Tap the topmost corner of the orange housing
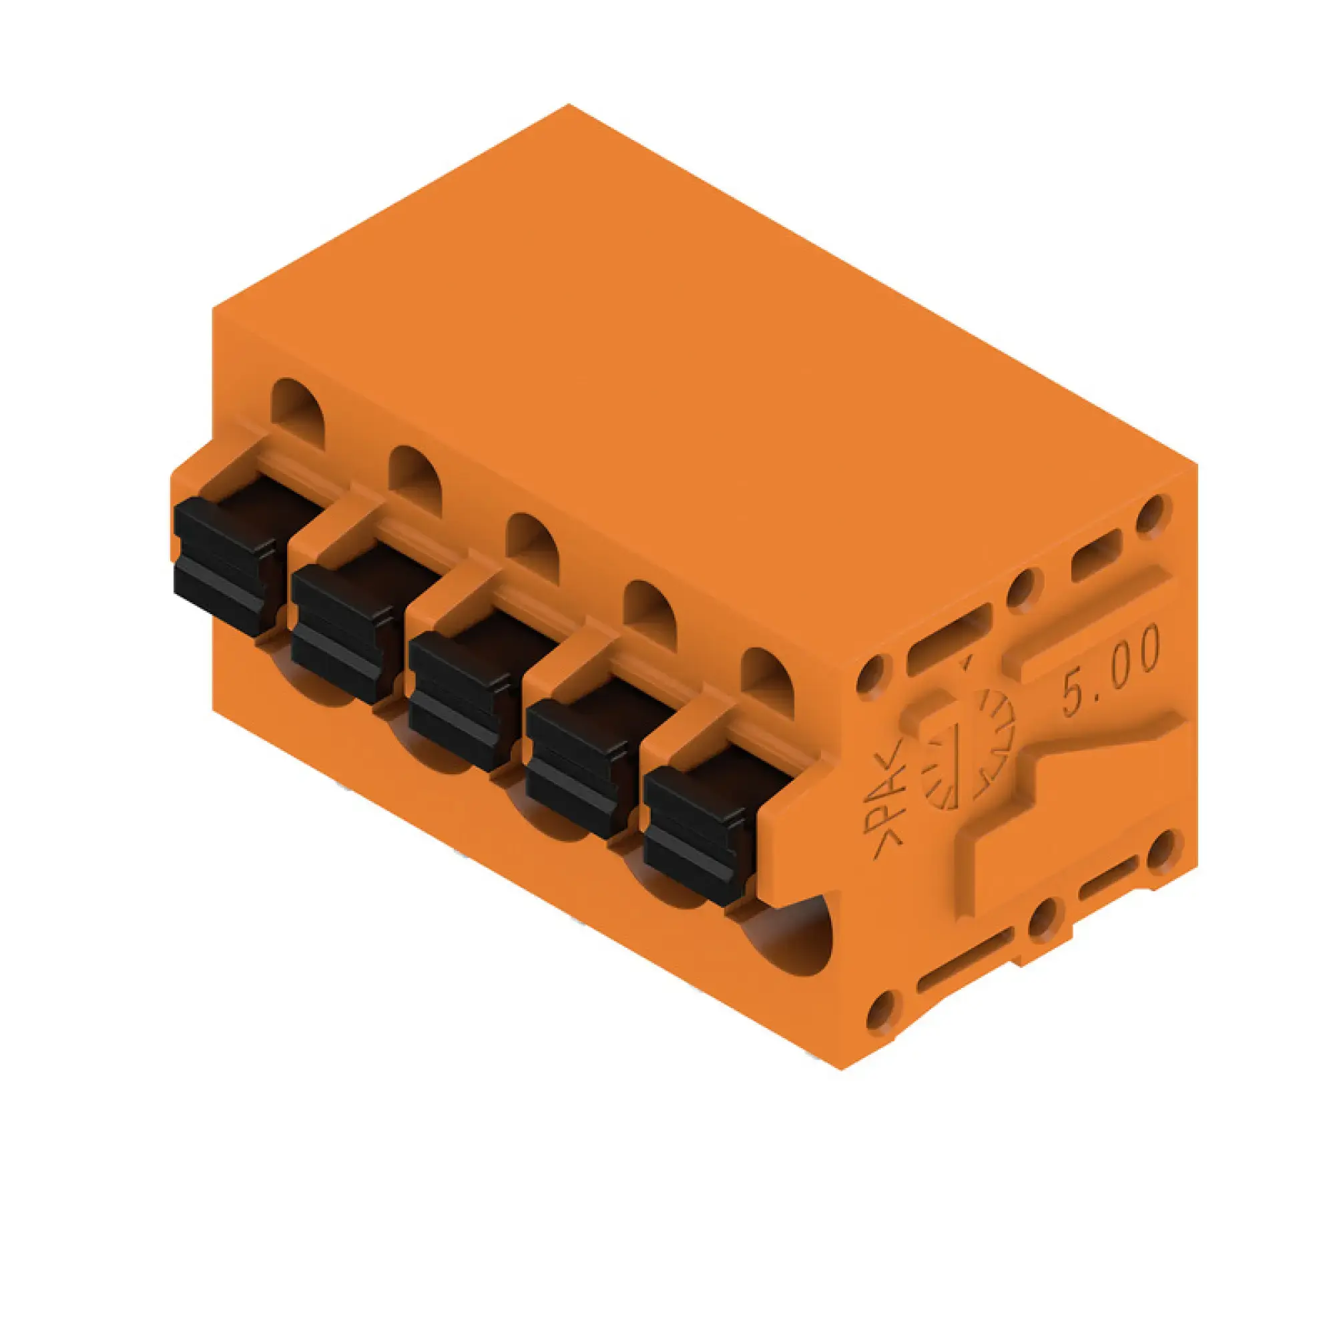[569, 104]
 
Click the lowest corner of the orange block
[842, 1069]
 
